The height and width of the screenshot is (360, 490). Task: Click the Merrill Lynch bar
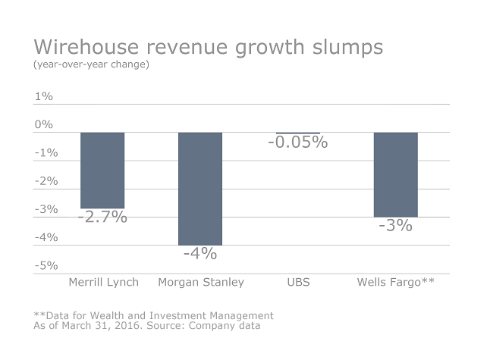coord(102,170)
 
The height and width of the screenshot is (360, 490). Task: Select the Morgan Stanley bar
coord(200,188)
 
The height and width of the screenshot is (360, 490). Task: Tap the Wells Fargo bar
coord(395,174)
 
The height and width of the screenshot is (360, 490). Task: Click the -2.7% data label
coord(102,217)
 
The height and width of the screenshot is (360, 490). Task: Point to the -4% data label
coord(200,253)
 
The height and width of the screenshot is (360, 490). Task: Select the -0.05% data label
coord(297,142)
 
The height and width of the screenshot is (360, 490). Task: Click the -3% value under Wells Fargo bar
coord(395,225)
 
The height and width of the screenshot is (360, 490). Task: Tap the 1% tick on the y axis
coord(43,96)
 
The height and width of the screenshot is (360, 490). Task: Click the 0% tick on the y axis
coord(43,124)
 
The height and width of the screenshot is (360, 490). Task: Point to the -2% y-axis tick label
coord(46,180)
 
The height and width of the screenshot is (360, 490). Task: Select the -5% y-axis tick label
coord(46,265)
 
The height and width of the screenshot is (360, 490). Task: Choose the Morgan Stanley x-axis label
coord(201,283)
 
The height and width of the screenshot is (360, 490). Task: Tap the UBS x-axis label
coord(298,283)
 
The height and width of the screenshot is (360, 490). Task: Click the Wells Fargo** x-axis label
coord(395,283)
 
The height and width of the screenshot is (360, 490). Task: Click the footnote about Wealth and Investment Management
coord(153,315)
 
